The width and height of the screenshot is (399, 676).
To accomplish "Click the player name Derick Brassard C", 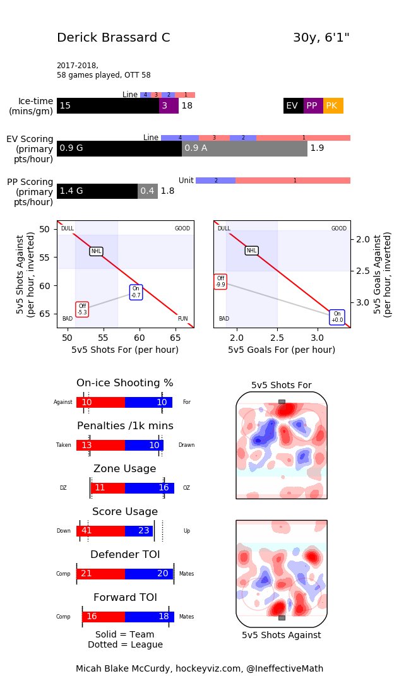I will coord(114,37).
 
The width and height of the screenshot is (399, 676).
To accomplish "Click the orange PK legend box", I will coord(333,106).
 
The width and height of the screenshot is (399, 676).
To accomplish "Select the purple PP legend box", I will coord(313,106).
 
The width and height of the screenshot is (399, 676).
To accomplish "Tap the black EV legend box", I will coord(293,106).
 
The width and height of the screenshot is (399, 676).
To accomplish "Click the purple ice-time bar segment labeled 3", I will coord(169,106).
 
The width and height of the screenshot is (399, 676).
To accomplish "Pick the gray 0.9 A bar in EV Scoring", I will coord(244,148).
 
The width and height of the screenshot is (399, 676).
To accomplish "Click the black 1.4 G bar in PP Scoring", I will coord(97,191).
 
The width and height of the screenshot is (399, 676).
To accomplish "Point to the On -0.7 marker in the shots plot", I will coord(136,292).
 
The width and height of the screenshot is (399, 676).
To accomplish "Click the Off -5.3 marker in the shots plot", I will coord(82,309).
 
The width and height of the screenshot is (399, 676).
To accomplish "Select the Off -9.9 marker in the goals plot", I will coord(220,282).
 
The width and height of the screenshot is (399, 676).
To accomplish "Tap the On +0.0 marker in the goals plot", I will coord(337,317).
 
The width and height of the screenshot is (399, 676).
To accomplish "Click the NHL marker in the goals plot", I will coord(251,251).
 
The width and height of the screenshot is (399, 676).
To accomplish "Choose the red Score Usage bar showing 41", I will coord(101,531).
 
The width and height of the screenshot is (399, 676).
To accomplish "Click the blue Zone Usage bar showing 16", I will coord(149,488).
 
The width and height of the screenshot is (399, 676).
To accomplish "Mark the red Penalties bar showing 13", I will coord(101,445).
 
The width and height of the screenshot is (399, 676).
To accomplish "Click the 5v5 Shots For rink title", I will coord(281,385).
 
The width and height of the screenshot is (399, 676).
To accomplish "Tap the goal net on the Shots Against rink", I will coord(282,617).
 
